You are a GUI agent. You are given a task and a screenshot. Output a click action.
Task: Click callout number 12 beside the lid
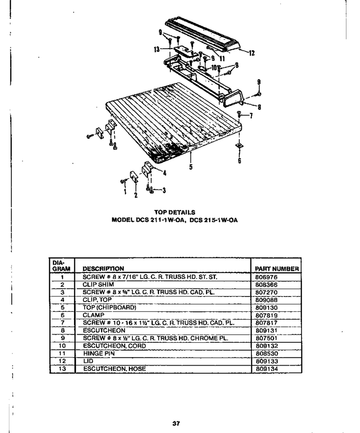[251, 53]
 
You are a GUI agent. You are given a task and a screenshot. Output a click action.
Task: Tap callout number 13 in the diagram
[157, 50]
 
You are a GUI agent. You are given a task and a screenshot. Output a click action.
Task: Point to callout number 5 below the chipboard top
[191, 167]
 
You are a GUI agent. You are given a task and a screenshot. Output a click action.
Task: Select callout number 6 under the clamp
[239, 160]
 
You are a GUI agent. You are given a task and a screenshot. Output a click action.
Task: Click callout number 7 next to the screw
[251, 115]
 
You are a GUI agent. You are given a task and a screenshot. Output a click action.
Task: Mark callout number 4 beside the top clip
[165, 173]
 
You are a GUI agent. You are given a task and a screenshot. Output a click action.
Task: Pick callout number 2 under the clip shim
[136, 195]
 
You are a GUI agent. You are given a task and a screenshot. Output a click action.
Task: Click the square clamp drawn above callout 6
[239, 145]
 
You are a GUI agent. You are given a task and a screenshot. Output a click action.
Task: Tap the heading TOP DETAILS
[175, 212]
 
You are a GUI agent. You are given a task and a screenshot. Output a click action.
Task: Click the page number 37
[176, 423]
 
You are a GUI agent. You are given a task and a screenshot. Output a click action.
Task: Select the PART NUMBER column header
[277, 269]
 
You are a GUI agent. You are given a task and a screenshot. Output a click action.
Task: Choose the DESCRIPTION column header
[103, 269]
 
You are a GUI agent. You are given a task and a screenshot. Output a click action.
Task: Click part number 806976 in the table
[266, 277]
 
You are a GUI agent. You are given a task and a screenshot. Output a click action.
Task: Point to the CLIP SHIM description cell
[98, 284]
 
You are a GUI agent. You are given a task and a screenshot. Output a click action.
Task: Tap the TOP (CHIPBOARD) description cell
[110, 307]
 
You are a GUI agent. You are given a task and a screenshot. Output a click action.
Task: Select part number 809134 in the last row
[267, 368]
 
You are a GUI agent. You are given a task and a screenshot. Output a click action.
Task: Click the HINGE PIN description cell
[99, 354]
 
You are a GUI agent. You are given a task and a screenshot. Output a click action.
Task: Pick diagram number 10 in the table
[62, 346]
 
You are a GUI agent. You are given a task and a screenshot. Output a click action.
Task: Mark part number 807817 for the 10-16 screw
[266, 323]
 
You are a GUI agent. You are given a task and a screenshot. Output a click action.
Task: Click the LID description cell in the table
[88, 361]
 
